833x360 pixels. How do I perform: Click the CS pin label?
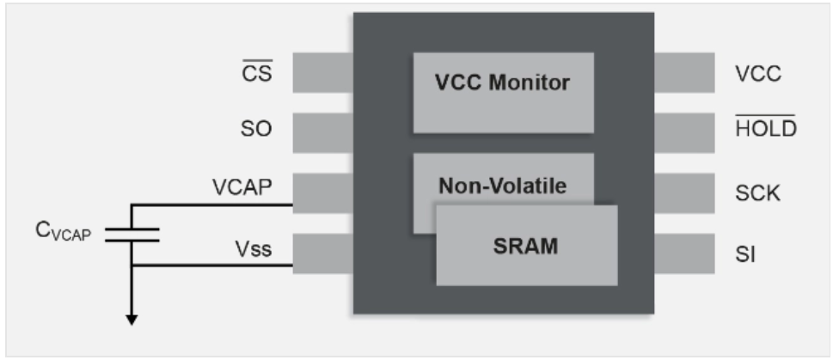pos(257,73)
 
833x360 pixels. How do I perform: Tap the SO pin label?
pos(257,130)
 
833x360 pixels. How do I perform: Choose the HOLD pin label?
pos(765,130)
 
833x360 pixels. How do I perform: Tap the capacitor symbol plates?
pos(132,234)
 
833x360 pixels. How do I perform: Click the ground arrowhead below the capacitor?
pos(132,320)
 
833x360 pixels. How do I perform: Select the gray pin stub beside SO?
pos(323,131)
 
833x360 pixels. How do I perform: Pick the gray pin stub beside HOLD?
pos(685,131)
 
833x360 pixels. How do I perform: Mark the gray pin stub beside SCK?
pos(685,193)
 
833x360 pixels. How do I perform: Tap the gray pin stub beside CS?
pos(323,73)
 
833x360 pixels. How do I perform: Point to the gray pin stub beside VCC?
pos(685,73)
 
